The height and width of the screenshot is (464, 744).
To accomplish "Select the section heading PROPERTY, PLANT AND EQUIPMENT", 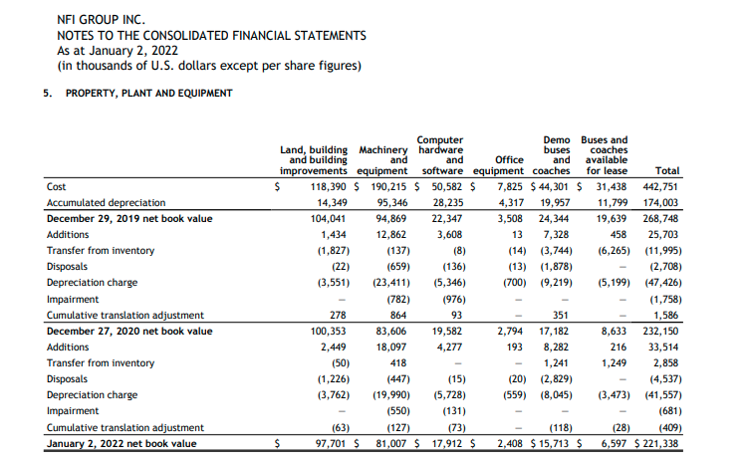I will [x=148, y=94].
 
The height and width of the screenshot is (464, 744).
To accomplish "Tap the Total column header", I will [x=668, y=171].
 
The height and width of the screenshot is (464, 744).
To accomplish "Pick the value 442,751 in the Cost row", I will [x=660, y=186].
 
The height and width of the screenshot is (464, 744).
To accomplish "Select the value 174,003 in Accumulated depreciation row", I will [x=660, y=202].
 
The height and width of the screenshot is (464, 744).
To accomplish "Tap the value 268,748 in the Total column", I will [x=660, y=218].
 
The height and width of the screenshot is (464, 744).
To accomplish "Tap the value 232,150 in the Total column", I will [x=660, y=331].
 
